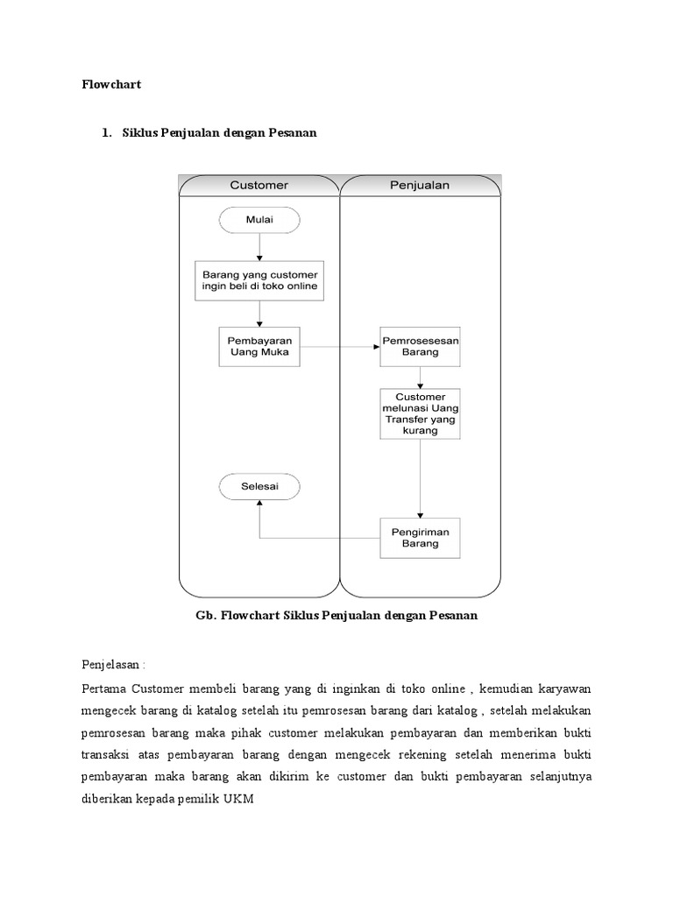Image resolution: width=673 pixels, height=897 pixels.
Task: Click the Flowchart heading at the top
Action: pyautogui.click(x=111, y=85)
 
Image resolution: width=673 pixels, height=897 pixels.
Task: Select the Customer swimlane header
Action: pyautogui.click(x=259, y=185)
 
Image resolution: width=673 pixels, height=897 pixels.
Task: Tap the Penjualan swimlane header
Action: pyautogui.click(x=419, y=185)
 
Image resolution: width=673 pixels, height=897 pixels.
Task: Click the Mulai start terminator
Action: pyautogui.click(x=259, y=220)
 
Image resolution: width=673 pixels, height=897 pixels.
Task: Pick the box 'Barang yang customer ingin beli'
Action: pyautogui.click(x=259, y=280)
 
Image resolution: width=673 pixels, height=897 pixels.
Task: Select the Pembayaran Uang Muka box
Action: pyautogui.click(x=259, y=346)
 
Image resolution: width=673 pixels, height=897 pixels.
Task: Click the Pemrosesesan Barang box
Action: pyautogui.click(x=421, y=347)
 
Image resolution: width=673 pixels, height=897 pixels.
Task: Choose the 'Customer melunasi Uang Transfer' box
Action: pyautogui.click(x=421, y=413)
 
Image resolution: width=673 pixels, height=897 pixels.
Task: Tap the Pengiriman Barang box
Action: pyautogui.click(x=421, y=537)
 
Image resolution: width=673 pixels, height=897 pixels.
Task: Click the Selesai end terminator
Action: pyautogui.click(x=259, y=485)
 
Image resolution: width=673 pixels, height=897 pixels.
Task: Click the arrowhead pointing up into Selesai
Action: pyautogui.click(x=259, y=503)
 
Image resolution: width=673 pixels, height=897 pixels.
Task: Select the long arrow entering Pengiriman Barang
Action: pyautogui.click(x=421, y=477)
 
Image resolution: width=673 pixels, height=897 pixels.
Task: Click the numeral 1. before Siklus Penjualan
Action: pyautogui.click(x=107, y=132)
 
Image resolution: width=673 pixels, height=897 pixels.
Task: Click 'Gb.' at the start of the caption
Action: pyautogui.click(x=204, y=615)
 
